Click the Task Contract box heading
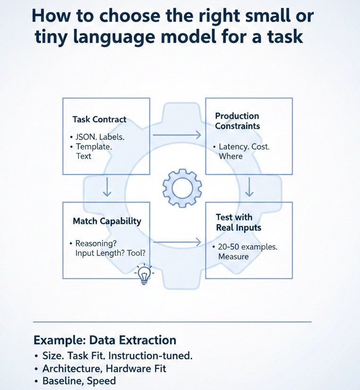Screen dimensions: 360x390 (x=99, y=119)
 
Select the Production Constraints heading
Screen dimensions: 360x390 (x=237, y=121)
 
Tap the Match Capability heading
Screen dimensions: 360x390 (x=107, y=221)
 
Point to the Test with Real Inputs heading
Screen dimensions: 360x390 (x=239, y=222)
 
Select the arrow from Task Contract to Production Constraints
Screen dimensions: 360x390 (x=177, y=136)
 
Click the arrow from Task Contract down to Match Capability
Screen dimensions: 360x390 (x=107, y=187)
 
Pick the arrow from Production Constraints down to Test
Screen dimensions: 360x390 (x=250, y=187)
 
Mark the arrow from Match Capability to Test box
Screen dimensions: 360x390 (x=177, y=243)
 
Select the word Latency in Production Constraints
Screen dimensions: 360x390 (x=234, y=147)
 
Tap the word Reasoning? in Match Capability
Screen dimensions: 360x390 (x=94, y=244)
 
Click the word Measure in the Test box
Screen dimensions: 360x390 (x=233, y=256)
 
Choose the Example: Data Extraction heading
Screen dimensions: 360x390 (x=105, y=340)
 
